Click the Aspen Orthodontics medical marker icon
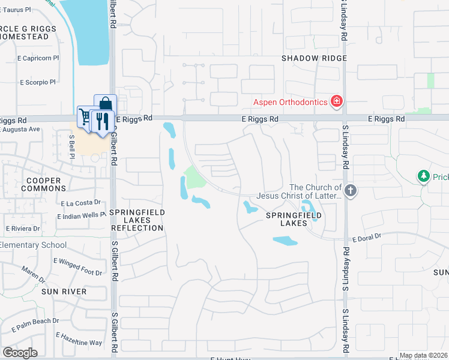click(337, 101)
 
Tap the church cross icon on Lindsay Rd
click(351, 191)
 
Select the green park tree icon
click(424, 176)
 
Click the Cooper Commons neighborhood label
click(41, 184)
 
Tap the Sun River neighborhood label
click(64, 292)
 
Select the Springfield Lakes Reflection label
click(137, 220)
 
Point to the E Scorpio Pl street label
click(37, 82)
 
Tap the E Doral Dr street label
click(367, 239)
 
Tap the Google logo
click(20, 352)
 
